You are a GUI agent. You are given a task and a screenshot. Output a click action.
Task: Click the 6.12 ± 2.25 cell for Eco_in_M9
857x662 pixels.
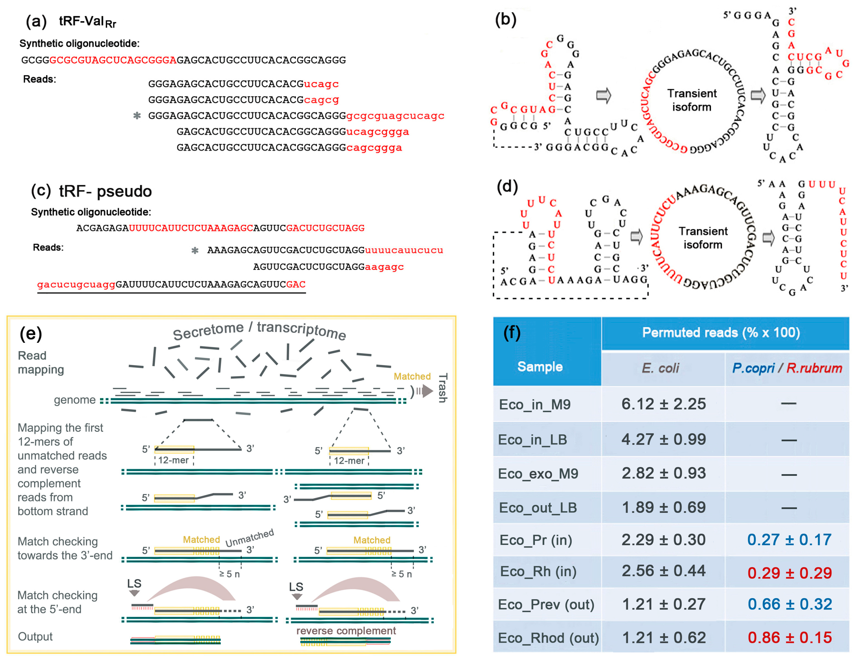[663, 404]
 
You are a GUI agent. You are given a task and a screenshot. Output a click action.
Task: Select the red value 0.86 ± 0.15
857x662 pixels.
[789, 638]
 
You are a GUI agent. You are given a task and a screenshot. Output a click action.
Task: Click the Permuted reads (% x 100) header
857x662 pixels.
[721, 332]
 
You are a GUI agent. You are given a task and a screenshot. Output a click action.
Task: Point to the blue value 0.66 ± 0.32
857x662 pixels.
[789, 604]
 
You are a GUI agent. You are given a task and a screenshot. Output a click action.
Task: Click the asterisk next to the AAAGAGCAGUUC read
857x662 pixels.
[195, 251]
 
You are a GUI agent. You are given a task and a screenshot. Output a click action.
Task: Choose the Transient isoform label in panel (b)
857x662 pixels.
[692, 100]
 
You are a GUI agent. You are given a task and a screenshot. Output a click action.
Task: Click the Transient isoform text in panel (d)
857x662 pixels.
[703, 238]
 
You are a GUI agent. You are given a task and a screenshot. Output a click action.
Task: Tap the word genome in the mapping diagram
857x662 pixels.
[74, 400]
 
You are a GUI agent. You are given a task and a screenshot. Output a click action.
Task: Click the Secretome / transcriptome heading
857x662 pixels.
[259, 330]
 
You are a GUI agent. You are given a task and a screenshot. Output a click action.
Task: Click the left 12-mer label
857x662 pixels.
[173, 460]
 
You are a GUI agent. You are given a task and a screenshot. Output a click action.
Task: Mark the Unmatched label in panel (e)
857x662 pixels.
[249, 538]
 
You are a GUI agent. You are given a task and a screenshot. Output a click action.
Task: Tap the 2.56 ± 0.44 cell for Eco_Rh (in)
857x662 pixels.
[663, 571]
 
